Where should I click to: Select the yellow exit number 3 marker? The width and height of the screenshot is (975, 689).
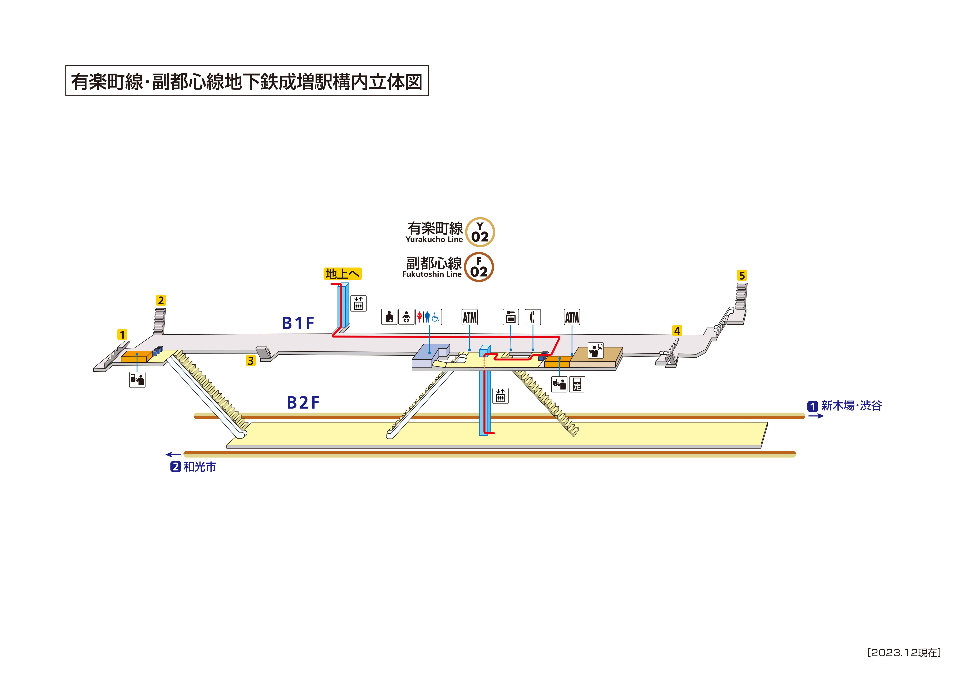click(251, 361)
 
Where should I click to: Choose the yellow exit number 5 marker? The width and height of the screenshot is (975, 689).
click(742, 275)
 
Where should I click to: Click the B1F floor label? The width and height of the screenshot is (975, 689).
click(298, 323)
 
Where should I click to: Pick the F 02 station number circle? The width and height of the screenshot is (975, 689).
click(479, 267)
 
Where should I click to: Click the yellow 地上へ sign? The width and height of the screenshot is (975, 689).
click(342, 274)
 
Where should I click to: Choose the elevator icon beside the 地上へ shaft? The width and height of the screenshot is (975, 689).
click(358, 304)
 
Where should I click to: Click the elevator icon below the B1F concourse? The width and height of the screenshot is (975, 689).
click(501, 396)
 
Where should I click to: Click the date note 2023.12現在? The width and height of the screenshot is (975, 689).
click(904, 653)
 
